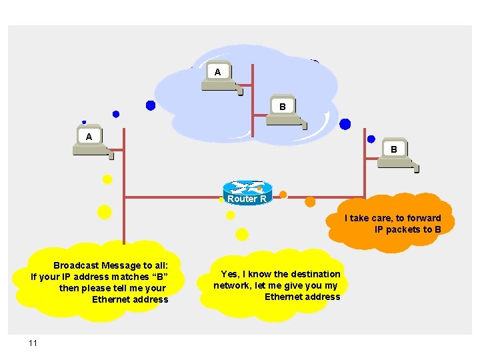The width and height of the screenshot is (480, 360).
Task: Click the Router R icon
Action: [247, 191]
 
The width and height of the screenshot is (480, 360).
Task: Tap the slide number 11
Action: [33, 343]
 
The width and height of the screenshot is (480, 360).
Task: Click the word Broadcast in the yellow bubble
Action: [77, 265]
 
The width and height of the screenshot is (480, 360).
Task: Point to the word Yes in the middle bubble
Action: [229, 274]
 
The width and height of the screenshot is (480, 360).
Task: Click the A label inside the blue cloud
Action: [217, 71]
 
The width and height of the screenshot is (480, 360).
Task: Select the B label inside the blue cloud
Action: [283, 106]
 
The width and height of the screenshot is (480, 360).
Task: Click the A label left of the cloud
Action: [89, 137]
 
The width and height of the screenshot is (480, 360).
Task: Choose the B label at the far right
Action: [394, 150]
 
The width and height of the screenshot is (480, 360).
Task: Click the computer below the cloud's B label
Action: [285, 119]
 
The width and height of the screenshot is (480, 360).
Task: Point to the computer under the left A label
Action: [93, 150]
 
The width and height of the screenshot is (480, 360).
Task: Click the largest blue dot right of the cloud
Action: [345, 124]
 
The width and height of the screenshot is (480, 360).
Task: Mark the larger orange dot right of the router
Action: [310, 201]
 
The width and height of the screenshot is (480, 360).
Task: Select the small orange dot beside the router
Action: [283, 195]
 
